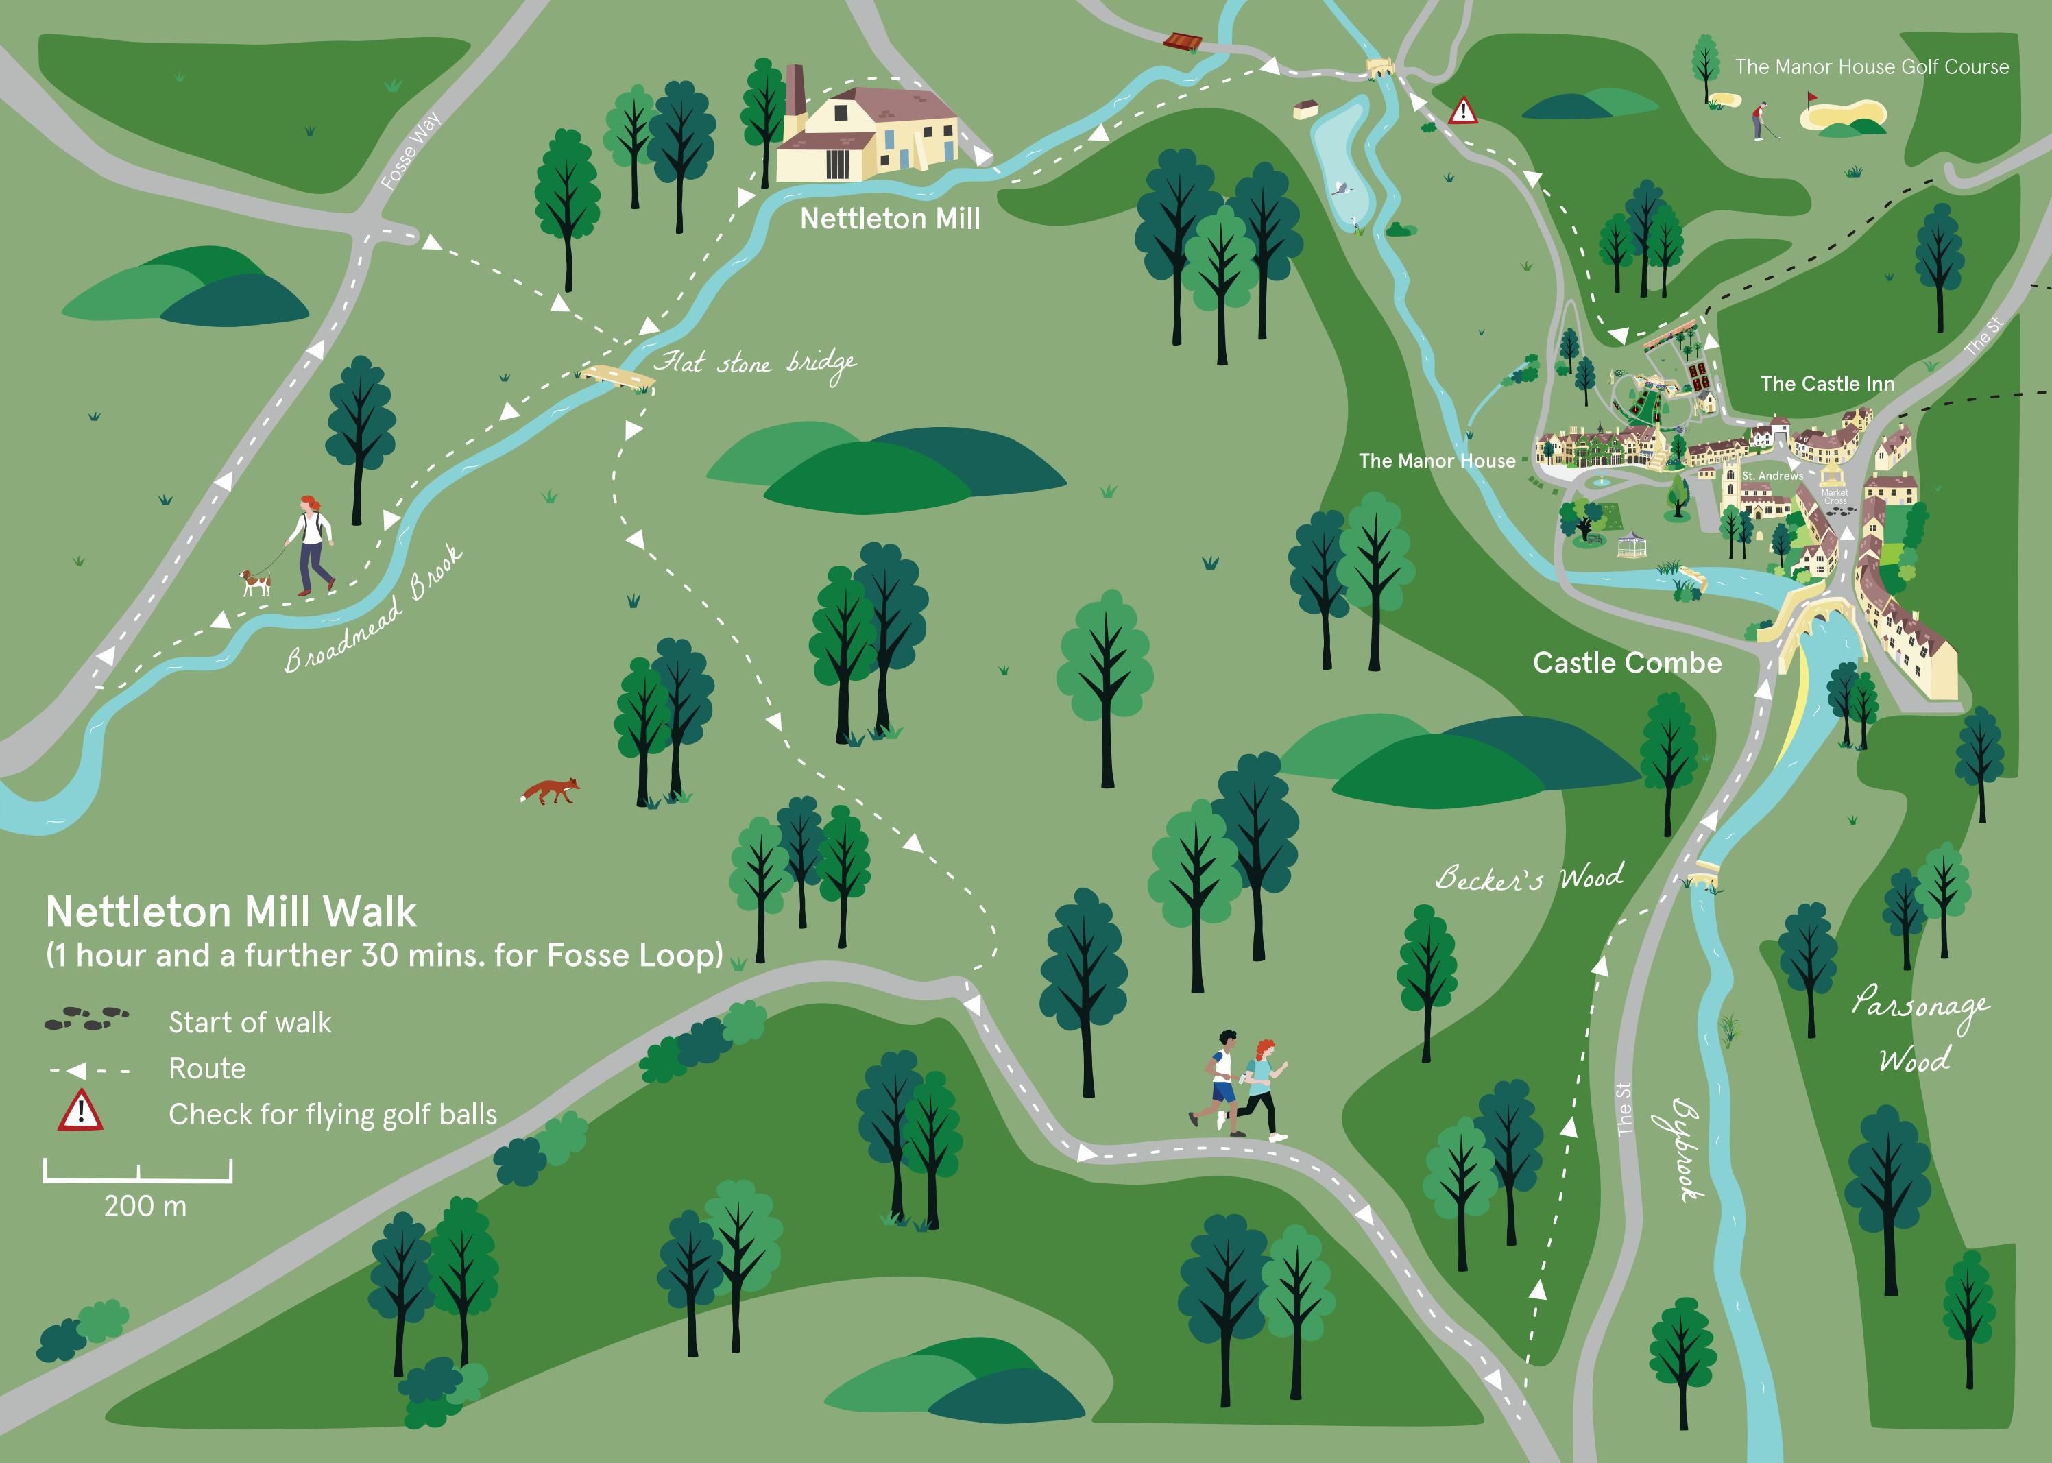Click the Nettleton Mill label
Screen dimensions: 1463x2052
[x=889, y=219]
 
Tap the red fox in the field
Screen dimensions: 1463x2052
[x=551, y=791]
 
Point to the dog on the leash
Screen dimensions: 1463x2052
[x=255, y=583]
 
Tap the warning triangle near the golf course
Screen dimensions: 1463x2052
[x=1463, y=111]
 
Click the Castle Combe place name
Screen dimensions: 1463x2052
[x=1627, y=663]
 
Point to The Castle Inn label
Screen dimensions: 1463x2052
[x=1827, y=384]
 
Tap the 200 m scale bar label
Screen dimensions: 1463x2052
[x=145, y=1206]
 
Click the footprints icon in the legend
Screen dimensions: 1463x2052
[x=86, y=1019]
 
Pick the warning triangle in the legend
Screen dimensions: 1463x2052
[x=80, y=1110]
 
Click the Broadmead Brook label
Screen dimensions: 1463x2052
[x=374, y=610]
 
